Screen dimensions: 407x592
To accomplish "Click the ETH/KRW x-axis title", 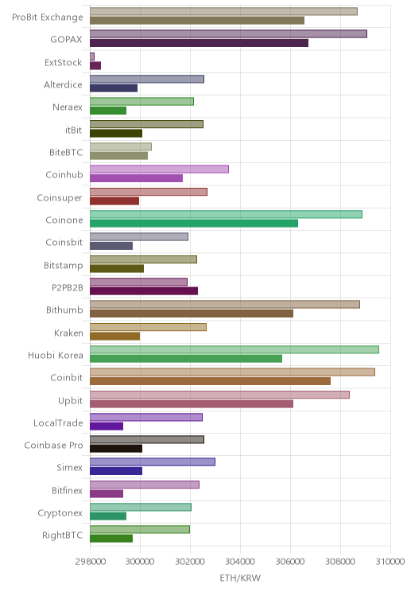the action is point(240,578).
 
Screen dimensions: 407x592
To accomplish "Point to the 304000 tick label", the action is point(240,562).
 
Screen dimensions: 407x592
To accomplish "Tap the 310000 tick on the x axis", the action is point(390,562).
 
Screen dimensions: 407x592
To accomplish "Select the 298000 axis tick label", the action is point(90,562).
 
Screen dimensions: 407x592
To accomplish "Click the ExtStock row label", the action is point(63,62).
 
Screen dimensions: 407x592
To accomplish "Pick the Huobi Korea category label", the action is point(56,355).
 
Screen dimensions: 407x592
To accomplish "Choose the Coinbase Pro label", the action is point(53,446).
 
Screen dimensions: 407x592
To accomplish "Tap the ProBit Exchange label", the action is point(48,18).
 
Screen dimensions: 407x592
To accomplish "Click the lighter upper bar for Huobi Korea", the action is point(235,349).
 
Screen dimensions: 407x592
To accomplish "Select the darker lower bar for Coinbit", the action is point(210,381).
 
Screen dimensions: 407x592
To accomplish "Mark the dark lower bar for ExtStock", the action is point(95,66).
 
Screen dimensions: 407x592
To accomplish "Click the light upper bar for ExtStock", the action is point(92,56).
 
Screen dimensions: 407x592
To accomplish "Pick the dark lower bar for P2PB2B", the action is point(144,290).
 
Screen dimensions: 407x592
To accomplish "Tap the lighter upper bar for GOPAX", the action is point(228,34).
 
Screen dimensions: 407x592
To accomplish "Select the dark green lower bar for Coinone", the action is point(194,223).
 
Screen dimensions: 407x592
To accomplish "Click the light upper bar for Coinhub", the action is point(159,169).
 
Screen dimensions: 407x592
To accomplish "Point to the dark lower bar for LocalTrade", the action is point(107,426).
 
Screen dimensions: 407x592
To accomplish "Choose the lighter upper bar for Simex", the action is point(153,462).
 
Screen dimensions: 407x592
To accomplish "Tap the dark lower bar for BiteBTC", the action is point(118,155).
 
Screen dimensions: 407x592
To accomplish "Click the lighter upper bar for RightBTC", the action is point(140,530).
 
